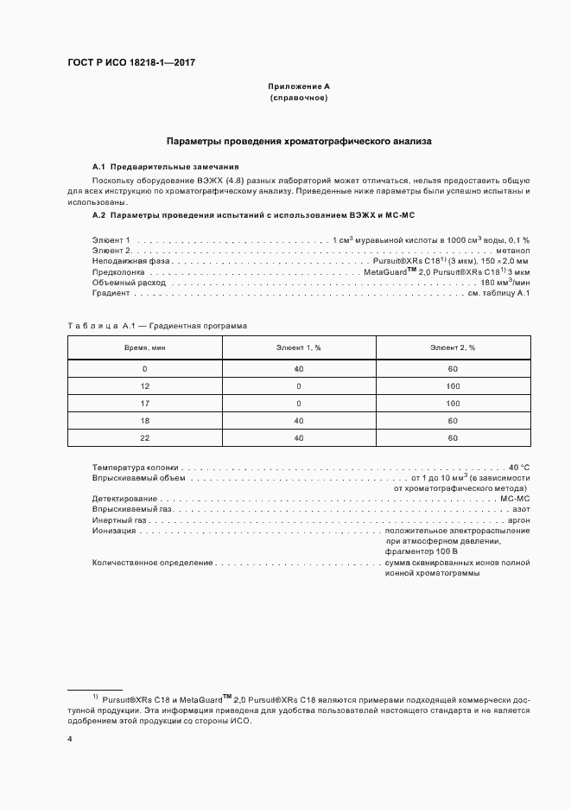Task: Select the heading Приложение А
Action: point(299,87)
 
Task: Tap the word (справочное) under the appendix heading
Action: point(299,98)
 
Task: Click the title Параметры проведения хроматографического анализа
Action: point(299,140)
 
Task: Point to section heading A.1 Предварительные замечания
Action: point(166,166)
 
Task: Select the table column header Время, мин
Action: point(144,347)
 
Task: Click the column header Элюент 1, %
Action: point(299,347)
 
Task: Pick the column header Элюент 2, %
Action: point(453,347)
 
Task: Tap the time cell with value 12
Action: point(144,385)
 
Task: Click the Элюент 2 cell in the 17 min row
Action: point(453,403)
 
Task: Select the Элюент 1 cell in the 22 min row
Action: point(299,438)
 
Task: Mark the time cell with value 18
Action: point(144,421)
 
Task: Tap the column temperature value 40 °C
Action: point(519,466)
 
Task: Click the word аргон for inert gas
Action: point(519,522)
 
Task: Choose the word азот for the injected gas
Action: point(522,510)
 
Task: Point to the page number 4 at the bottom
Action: point(70,740)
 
